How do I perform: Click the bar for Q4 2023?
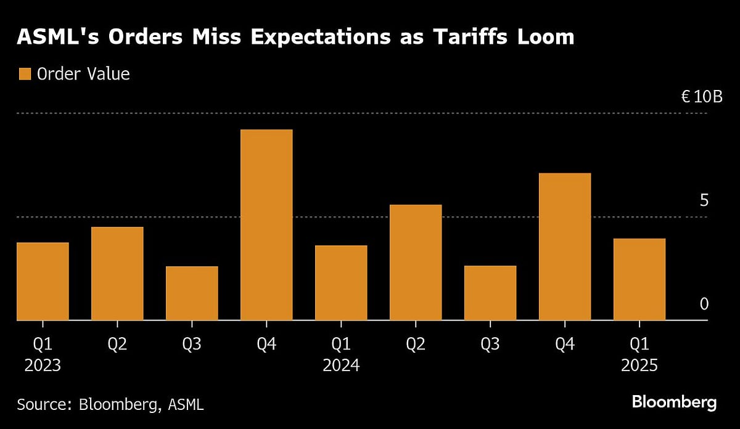click(x=266, y=225)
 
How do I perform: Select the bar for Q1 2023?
click(x=43, y=281)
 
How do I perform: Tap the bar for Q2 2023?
click(x=117, y=274)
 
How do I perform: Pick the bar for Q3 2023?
click(x=192, y=293)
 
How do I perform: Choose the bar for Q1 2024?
click(x=341, y=283)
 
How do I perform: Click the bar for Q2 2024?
click(x=416, y=263)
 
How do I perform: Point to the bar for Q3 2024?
click(x=490, y=293)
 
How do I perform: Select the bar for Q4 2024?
click(x=565, y=247)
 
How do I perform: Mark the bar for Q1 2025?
click(x=639, y=279)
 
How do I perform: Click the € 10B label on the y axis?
click(x=701, y=97)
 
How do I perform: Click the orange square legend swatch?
click(x=25, y=75)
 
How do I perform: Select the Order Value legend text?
click(x=83, y=75)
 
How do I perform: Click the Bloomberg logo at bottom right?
click(x=674, y=402)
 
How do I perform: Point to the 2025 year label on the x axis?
click(x=639, y=366)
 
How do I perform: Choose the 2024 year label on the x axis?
click(x=341, y=366)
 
